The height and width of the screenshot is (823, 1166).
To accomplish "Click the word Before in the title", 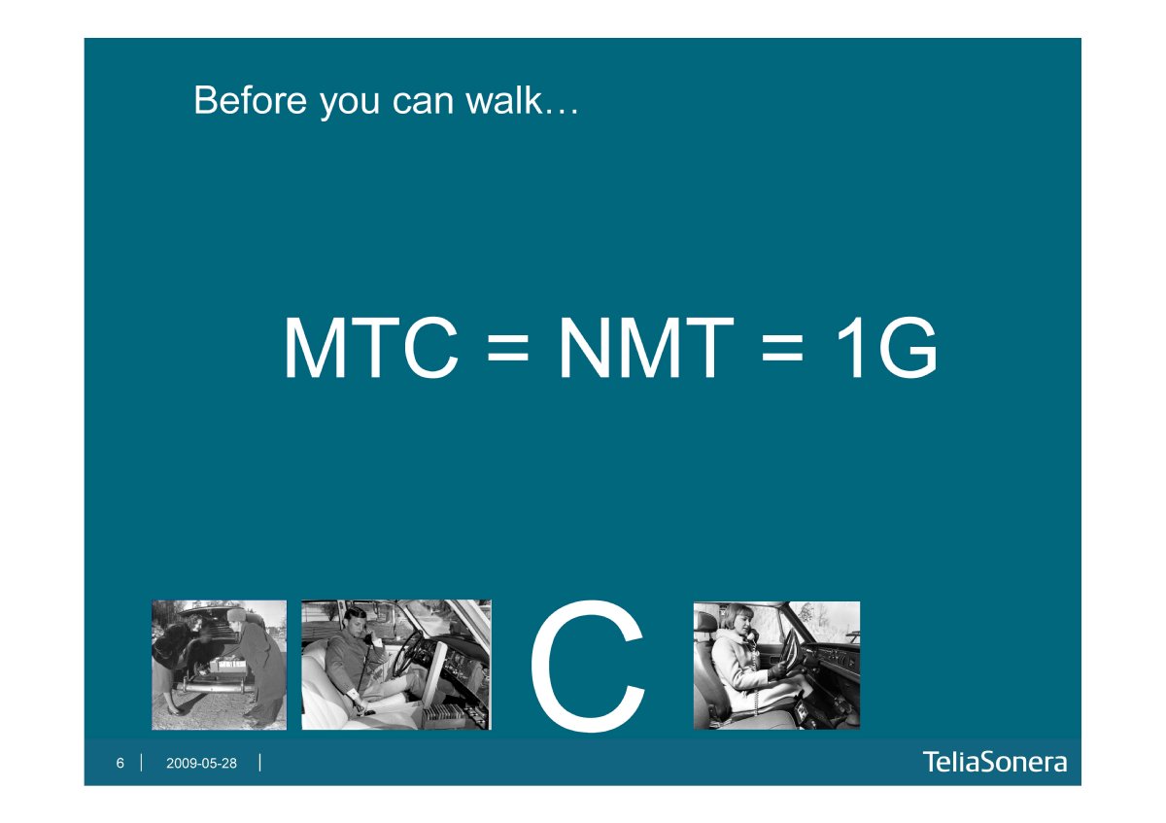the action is (251, 100).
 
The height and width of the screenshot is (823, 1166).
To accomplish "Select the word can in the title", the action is (423, 103).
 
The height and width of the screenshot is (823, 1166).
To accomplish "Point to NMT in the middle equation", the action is (646, 347).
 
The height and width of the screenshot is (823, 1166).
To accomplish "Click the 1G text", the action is (887, 347).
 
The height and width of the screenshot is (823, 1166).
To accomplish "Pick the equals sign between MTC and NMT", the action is (508, 348).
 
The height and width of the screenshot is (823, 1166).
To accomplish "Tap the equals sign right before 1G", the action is (782, 348).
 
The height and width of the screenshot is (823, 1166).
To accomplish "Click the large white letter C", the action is (587, 666).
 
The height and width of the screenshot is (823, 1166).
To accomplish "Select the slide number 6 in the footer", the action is (120, 763).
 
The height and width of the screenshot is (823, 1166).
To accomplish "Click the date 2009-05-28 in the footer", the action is (201, 763).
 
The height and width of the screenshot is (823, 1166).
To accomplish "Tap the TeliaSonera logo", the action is (995, 762).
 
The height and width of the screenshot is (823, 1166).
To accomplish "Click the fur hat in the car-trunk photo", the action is (237, 614).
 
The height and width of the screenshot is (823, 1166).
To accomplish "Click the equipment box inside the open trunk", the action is (228, 666).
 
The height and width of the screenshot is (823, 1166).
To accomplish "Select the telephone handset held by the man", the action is (368, 638).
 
